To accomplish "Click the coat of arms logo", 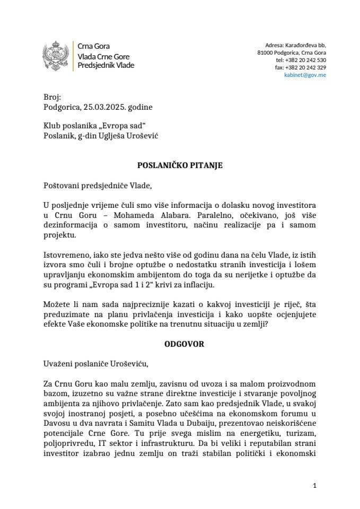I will click(x=56, y=56).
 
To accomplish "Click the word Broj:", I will click(x=53, y=98).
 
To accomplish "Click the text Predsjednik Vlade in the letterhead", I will click(x=106, y=65).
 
